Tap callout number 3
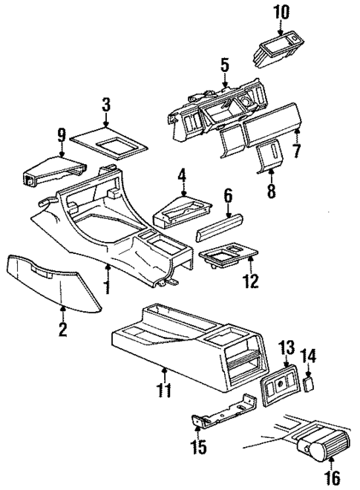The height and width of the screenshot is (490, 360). coord(106,103)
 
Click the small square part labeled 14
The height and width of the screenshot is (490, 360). coord(311,383)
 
